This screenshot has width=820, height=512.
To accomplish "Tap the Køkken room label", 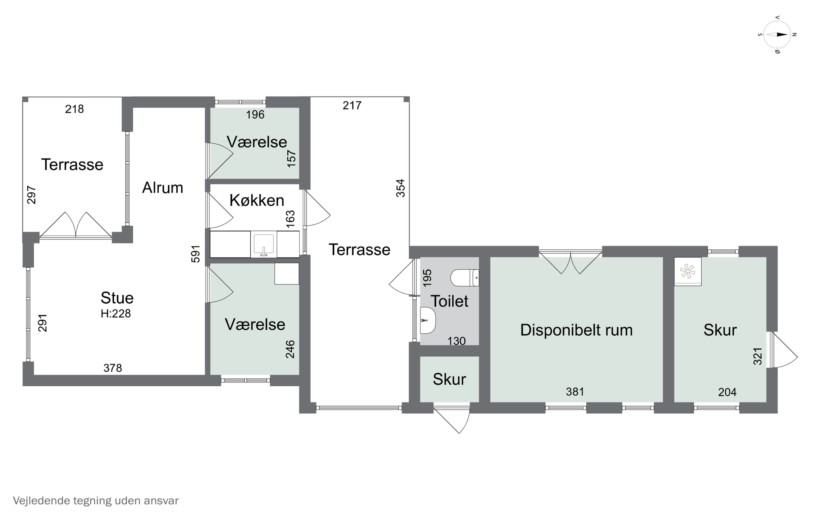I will click(x=256, y=200).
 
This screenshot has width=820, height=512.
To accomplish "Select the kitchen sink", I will click(x=263, y=244).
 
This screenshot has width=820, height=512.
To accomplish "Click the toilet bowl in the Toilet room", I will click(x=464, y=278).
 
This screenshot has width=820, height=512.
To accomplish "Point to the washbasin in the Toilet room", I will click(x=427, y=320).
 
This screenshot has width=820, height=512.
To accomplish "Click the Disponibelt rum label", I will click(x=576, y=330).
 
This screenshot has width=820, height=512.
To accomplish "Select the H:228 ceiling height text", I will click(x=116, y=313).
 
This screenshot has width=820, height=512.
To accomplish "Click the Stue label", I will click(x=117, y=298).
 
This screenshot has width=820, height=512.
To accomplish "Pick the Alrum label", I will click(x=162, y=188).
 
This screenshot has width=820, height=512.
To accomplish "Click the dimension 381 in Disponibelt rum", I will click(x=575, y=392).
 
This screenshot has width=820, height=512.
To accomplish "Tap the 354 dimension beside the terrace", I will click(x=400, y=188).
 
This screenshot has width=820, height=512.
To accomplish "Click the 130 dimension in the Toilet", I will click(x=456, y=341).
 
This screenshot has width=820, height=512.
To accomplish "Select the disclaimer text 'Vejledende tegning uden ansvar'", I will click(x=96, y=501).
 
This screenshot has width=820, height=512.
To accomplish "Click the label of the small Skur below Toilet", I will click(x=449, y=379).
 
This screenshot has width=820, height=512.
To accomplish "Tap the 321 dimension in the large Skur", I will click(x=758, y=356).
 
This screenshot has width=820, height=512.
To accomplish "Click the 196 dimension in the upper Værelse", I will click(x=255, y=115).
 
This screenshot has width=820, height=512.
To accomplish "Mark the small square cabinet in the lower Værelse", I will click(x=287, y=274).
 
